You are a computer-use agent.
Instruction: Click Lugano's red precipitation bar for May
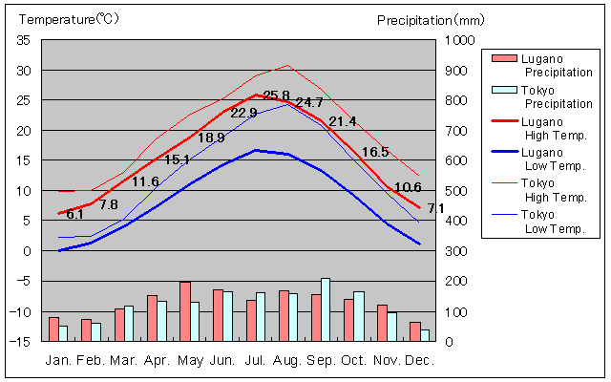click(185, 310)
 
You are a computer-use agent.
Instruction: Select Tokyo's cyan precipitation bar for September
click(326, 308)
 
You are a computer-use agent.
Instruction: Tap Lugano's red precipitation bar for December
click(415, 330)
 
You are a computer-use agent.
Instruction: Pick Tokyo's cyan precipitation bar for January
click(63, 332)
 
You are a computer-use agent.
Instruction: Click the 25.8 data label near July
click(276, 95)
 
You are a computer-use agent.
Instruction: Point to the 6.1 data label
click(74, 215)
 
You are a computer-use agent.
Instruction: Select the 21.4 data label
click(342, 121)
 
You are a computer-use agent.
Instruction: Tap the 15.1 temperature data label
click(178, 159)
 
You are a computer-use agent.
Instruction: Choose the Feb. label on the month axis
click(91, 361)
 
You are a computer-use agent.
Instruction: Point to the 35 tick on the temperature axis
click(24, 40)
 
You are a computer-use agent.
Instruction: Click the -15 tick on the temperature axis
click(22, 341)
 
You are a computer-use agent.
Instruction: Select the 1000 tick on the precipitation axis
click(455, 40)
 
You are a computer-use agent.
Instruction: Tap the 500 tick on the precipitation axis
click(452, 191)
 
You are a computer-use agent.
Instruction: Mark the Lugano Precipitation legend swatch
click(502, 58)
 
